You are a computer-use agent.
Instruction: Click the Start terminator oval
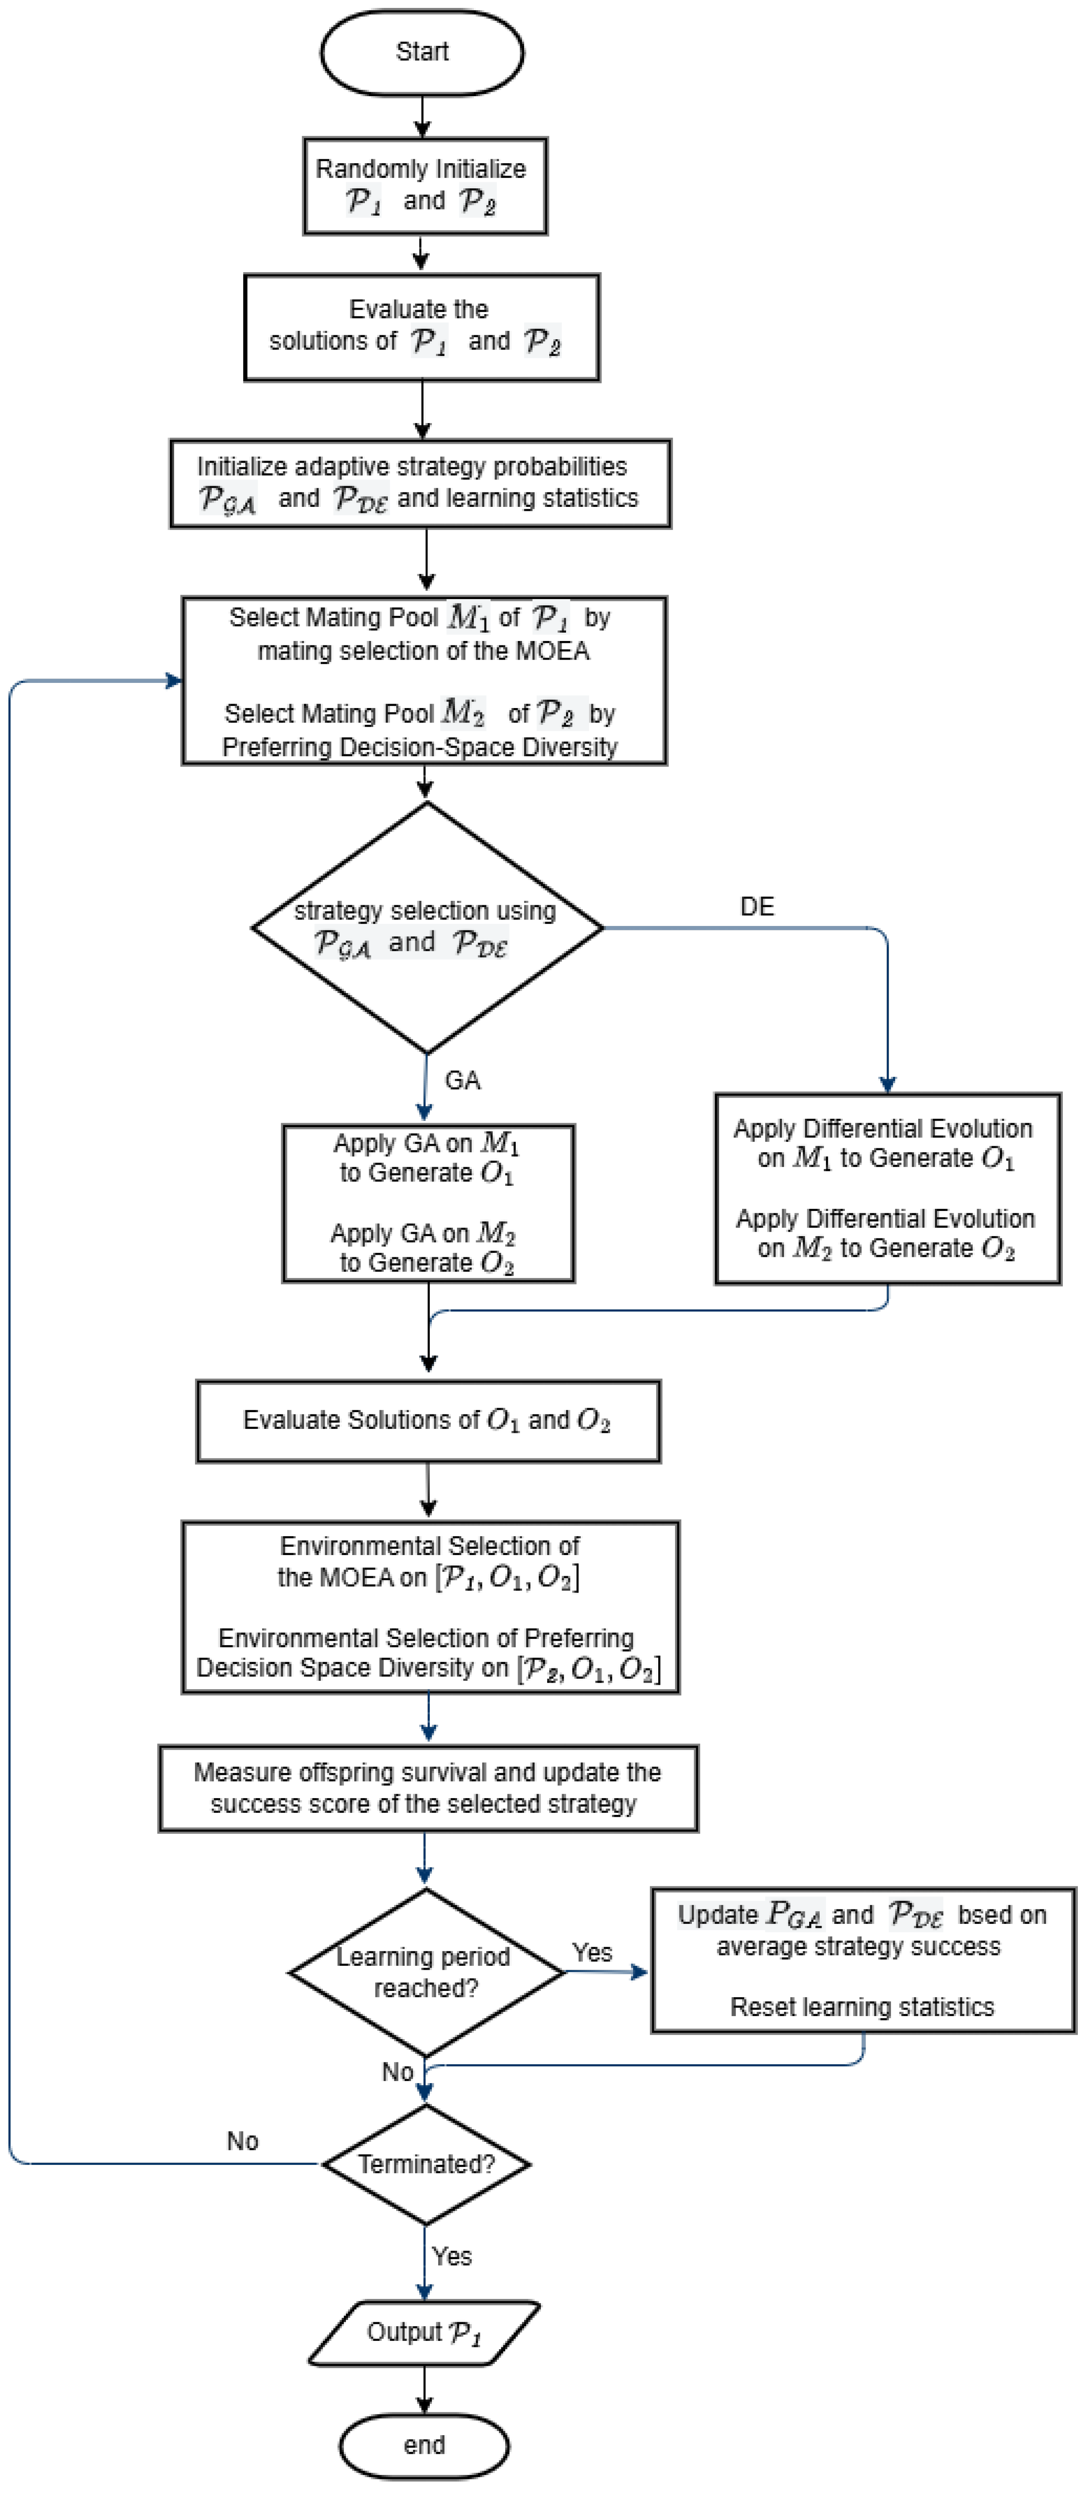pos(422,52)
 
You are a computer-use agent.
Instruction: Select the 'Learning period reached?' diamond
pos(426,1972)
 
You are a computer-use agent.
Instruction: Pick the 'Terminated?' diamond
pos(426,2164)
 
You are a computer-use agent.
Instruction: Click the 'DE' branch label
pos(757,907)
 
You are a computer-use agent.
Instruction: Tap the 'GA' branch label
pos(463,1081)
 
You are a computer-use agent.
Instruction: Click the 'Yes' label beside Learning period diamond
pos(593,1953)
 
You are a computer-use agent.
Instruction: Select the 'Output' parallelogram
pos(424,2333)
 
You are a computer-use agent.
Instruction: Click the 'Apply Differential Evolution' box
pos(888,1189)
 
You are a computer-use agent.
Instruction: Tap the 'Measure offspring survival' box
pos(428,1788)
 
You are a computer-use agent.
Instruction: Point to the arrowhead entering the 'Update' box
pos(640,1972)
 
